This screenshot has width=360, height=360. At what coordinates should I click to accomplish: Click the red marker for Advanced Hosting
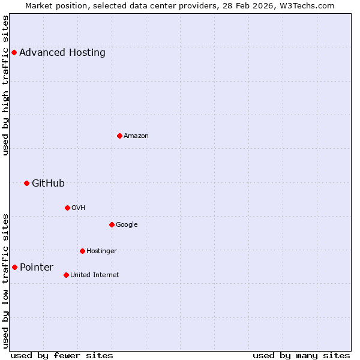click(x=14, y=53)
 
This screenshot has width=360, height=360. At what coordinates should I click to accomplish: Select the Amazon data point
click(x=119, y=136)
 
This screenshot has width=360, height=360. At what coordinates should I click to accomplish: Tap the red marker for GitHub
click(x=26, y=184)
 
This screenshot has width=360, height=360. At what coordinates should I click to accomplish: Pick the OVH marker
click(x=67, y=208)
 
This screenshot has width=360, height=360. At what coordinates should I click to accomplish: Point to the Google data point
click(x=112, y=225)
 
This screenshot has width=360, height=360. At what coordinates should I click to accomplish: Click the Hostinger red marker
click(x=82, y=251)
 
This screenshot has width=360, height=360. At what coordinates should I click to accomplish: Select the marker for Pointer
click(x=14, y=268)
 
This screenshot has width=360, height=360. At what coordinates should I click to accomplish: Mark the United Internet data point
click(x=66, y=275)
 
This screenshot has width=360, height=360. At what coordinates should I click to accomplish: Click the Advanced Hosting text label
click(x=62, y=53)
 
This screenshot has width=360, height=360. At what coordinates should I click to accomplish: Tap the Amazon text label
click(x=136, y=136)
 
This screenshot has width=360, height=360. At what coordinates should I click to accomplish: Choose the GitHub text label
click(x=48, y=184)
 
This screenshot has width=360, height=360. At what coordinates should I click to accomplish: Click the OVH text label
click(x=79, y=208)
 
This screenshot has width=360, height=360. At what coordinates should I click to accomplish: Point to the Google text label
click(x=127, y=225)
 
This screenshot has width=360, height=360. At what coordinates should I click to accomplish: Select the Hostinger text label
click(x=101, y=251)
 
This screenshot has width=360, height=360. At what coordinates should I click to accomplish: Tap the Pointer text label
click(x=37, y=268)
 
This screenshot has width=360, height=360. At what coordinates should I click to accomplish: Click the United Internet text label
click(x=94, y=275)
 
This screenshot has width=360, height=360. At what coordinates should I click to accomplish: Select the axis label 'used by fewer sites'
click(x=62, y=355)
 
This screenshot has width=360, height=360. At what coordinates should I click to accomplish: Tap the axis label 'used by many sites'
click(x=301, y=355)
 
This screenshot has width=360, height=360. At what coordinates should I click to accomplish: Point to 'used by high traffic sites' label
click(x=6, y=86)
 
